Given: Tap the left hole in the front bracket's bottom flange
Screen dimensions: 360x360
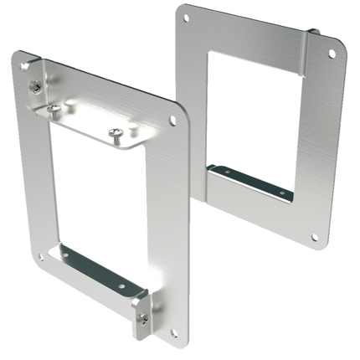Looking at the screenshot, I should (66, 256).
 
